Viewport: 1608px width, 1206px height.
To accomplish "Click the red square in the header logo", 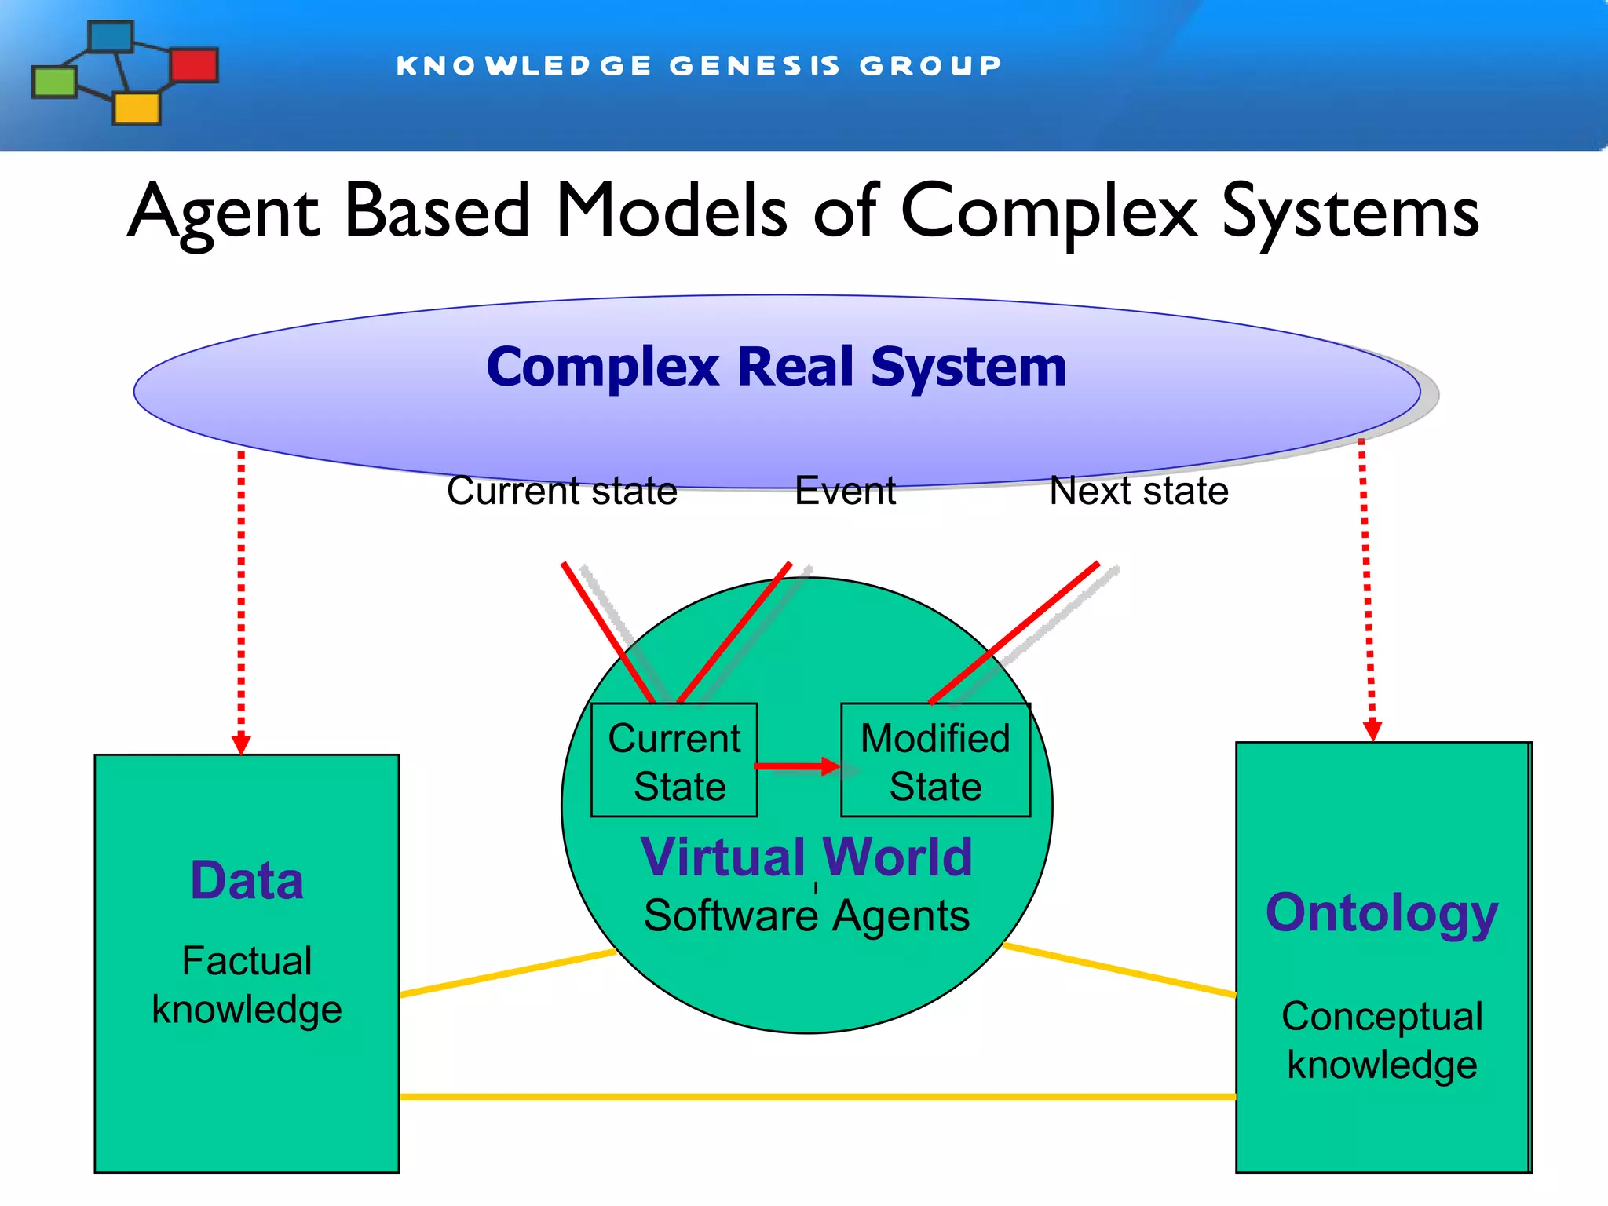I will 194,65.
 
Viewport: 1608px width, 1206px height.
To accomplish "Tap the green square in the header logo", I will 54,82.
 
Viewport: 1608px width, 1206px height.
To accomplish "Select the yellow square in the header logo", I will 137,108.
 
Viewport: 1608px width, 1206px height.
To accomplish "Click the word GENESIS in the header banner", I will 755,66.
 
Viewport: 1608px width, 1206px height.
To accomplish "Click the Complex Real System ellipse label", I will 776,367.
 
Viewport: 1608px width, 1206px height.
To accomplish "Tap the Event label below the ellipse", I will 845,491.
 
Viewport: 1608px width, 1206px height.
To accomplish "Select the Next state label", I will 1138,491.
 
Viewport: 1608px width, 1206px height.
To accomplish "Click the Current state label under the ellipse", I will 561,491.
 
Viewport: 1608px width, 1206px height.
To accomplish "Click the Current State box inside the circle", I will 674,761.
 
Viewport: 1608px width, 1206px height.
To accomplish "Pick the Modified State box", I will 935,761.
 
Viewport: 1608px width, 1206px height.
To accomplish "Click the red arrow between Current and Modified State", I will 797,766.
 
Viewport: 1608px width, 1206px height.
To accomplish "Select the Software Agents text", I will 806,915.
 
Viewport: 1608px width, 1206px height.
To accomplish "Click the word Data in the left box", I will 247,880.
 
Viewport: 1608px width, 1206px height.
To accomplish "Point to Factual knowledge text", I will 247,985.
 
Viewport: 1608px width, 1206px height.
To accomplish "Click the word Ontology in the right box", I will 1382,913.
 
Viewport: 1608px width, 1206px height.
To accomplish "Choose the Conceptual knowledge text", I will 1382,1040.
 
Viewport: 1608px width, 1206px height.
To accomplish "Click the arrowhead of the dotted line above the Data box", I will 241,744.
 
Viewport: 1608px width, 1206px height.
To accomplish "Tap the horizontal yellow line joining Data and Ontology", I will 817,1096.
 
